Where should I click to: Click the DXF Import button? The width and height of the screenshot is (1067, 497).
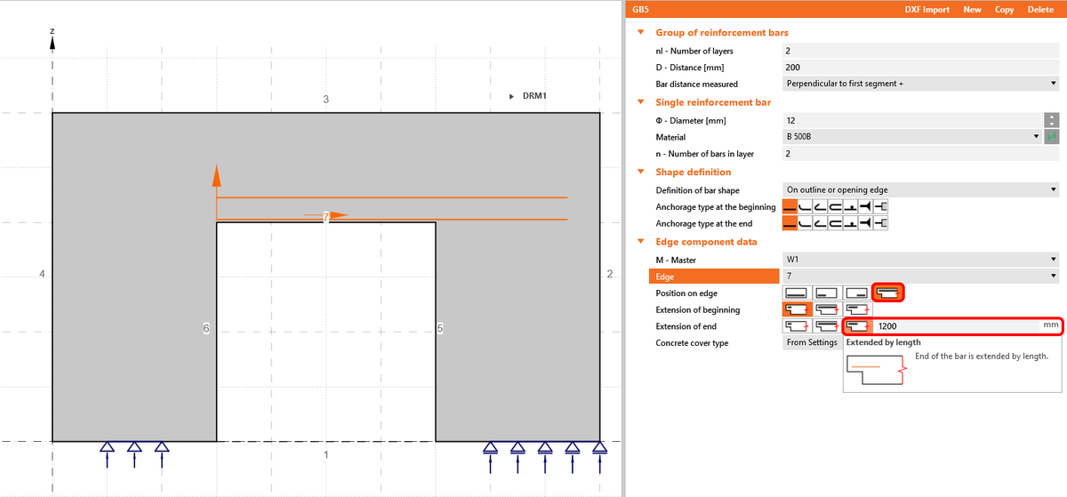(927, 10)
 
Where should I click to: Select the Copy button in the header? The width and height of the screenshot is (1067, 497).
(1004, 10)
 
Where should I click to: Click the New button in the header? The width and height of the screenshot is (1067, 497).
(972, 10)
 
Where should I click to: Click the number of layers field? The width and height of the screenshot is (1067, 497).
(920, 51)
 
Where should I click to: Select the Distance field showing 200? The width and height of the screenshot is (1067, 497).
(920, 67)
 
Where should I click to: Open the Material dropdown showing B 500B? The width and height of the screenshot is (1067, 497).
(912, 137)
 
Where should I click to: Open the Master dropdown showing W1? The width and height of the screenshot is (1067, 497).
(920, 260)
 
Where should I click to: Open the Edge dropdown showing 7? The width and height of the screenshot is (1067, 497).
(920, 277)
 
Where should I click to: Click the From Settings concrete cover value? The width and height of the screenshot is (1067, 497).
(811, 342)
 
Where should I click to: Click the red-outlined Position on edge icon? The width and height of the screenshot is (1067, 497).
(888, 293)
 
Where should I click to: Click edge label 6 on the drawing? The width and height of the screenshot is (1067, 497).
(206, 329)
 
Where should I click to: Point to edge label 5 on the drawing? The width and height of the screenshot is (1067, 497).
(439, 329)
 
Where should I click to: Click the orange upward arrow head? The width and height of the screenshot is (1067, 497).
(216, 174)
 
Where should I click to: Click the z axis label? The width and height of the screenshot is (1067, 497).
(52, 32)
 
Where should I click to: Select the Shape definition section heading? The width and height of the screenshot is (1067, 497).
(693, 172)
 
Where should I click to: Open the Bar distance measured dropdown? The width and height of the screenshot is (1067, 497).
(920, 84)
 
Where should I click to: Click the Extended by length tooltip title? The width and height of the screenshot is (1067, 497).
(883, 342)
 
